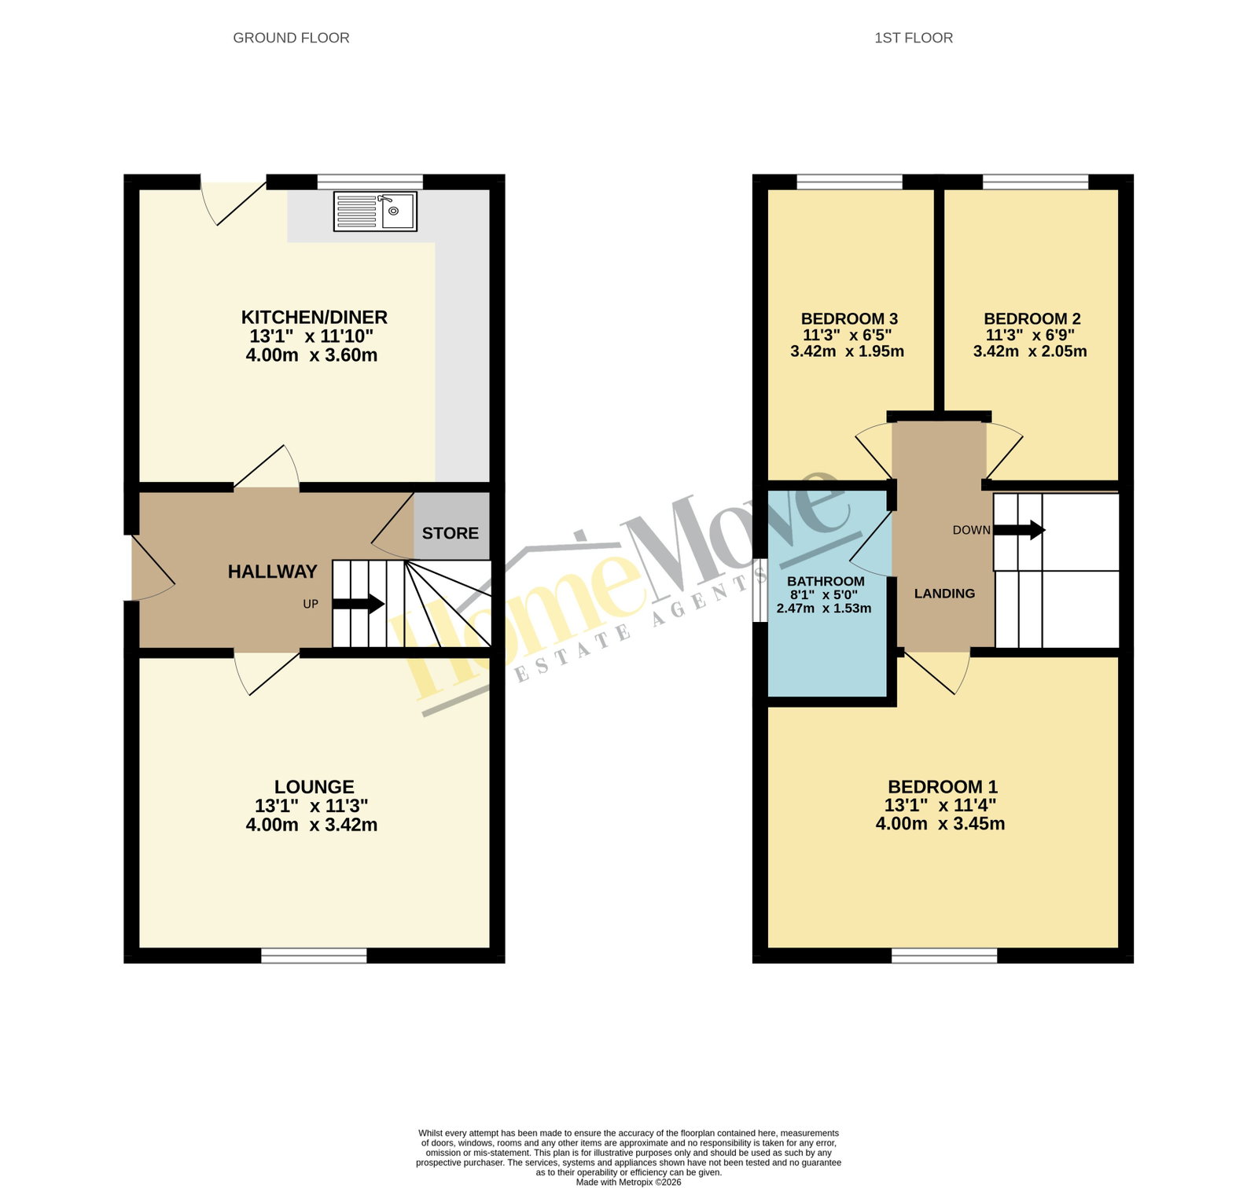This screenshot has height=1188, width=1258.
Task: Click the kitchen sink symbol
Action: (x=375, y=211)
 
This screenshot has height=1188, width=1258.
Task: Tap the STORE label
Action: (x=450, y=533)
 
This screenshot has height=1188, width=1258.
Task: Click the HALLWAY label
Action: (x=273, y=572)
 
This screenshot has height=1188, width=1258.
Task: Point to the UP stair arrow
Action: (x=359, y=604)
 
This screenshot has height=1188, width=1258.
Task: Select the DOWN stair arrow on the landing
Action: (x=1020, y=530)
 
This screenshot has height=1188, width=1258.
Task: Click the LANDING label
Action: (x=944, y=594)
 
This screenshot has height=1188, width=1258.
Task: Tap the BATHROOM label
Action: (x=826, y=581)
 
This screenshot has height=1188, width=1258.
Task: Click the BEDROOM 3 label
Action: (x=849, y=318)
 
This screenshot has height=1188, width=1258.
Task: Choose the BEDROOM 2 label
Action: (x=1032, y=318)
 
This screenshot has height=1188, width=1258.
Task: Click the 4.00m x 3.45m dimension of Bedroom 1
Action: (x=940, y=823)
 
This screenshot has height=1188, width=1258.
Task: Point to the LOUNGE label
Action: (x=314, y=786)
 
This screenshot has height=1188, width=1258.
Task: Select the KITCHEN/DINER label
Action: (x=314, y=317)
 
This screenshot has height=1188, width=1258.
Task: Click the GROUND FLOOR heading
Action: (x=291, y=38)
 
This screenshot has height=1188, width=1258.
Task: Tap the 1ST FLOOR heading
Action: (x=914, y=38)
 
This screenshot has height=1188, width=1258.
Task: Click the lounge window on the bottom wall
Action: (x=314, y=955)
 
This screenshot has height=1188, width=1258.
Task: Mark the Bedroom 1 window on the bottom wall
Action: (x=944, y=955)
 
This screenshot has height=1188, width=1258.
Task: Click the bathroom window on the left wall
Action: (x=760, y=590)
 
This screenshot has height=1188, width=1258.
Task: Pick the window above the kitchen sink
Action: (x=370, y=182)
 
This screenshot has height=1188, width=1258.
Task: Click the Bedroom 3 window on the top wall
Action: (x=849, y=182)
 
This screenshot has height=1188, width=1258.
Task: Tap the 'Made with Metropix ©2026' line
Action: (x=628, y=1182)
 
